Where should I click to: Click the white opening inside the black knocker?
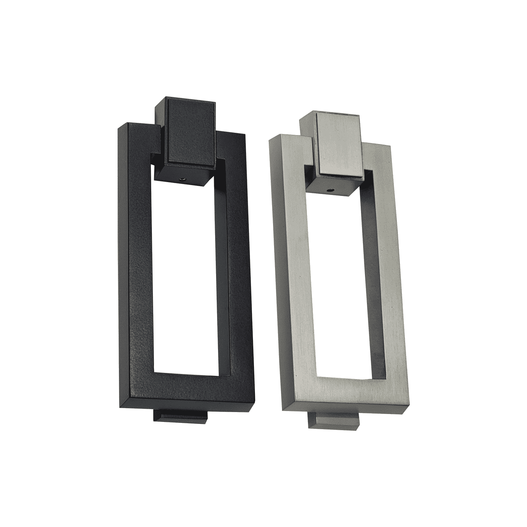184,280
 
